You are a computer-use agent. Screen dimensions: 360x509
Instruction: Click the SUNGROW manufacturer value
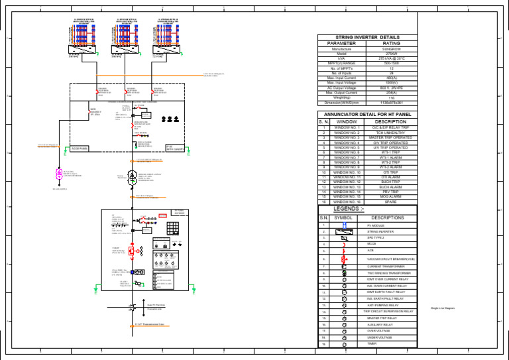(391, 49)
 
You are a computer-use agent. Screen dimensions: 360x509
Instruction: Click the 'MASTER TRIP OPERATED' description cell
(391, 138)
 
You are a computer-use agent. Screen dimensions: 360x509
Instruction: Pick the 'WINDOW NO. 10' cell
(347, 172)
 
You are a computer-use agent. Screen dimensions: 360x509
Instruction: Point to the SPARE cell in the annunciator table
(391, 202)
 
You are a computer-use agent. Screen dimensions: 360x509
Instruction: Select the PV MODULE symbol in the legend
(345, 226)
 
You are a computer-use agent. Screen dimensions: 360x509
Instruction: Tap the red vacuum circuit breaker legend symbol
(345, 259)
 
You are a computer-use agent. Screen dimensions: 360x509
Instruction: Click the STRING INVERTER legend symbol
(345, 232)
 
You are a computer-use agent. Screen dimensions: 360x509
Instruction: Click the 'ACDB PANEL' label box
(80, 149)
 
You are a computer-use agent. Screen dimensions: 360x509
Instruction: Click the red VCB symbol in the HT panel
(132, 251)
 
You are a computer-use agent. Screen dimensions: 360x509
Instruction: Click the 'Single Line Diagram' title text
(442, 309)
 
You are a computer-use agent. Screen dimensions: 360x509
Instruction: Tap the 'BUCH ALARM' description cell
(391, 187)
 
